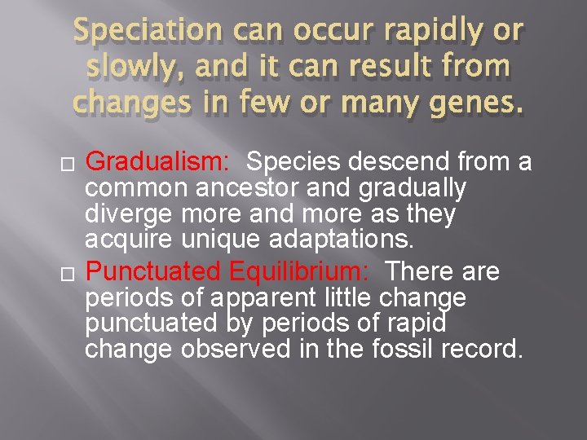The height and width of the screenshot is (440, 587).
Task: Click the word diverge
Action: (x=130, y=216)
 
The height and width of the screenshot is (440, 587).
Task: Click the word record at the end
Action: (x=480, y=350)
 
